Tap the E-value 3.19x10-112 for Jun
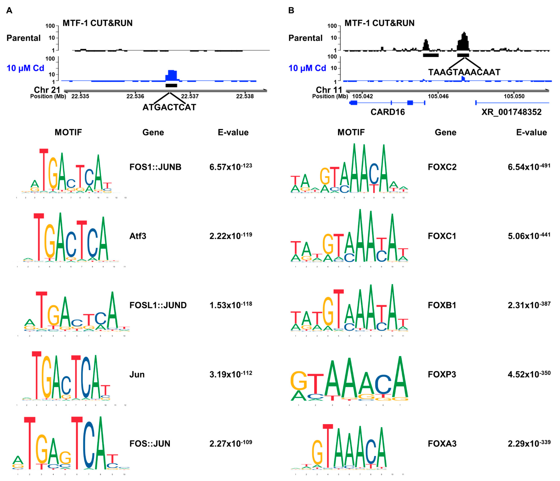tap(230, 374)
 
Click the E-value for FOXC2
tap(529, 167)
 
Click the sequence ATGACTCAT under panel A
tap(169, 107)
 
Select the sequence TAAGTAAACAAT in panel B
tap(464, 72)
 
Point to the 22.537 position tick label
tap(190, 96)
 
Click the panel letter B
tap(291, 10)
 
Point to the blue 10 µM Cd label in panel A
tap(25, 68)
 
